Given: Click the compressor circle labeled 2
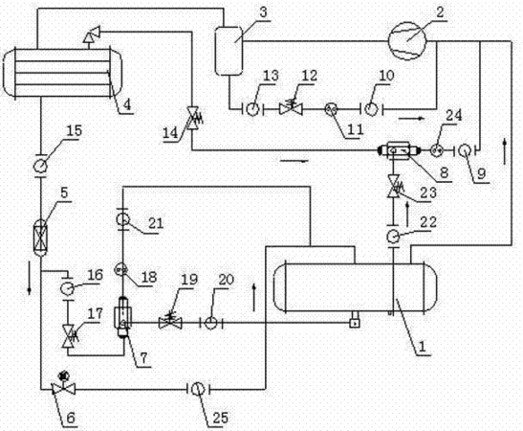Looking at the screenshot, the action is (x=407, y=41).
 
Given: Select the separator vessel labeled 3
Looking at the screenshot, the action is (x=229, y=51).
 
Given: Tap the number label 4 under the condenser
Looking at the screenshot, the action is (x=127, y=105).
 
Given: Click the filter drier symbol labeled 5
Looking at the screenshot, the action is (x=41, y=238).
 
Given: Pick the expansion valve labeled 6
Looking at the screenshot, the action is (x=63, y=388).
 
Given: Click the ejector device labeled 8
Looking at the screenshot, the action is (x=399, y=150).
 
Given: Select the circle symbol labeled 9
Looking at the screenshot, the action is (x=465, y=150).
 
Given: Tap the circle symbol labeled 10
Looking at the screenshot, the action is (x=371, y=109).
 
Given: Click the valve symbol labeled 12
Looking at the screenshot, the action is (x=291, y=107).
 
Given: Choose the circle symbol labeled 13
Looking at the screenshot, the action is (x=253, y=108).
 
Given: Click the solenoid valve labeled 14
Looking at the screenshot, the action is (x=193, y=118).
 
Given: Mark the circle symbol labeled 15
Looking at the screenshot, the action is (x=41, y=166).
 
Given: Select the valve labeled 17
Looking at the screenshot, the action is (x=69, y=335).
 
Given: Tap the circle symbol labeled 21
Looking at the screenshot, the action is (x=122, y=219).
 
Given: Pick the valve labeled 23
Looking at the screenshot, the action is (x=394, y=186).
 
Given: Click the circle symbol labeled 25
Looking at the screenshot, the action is (x=198, y=389).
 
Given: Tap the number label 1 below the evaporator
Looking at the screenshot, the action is (x=422, y=347).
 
